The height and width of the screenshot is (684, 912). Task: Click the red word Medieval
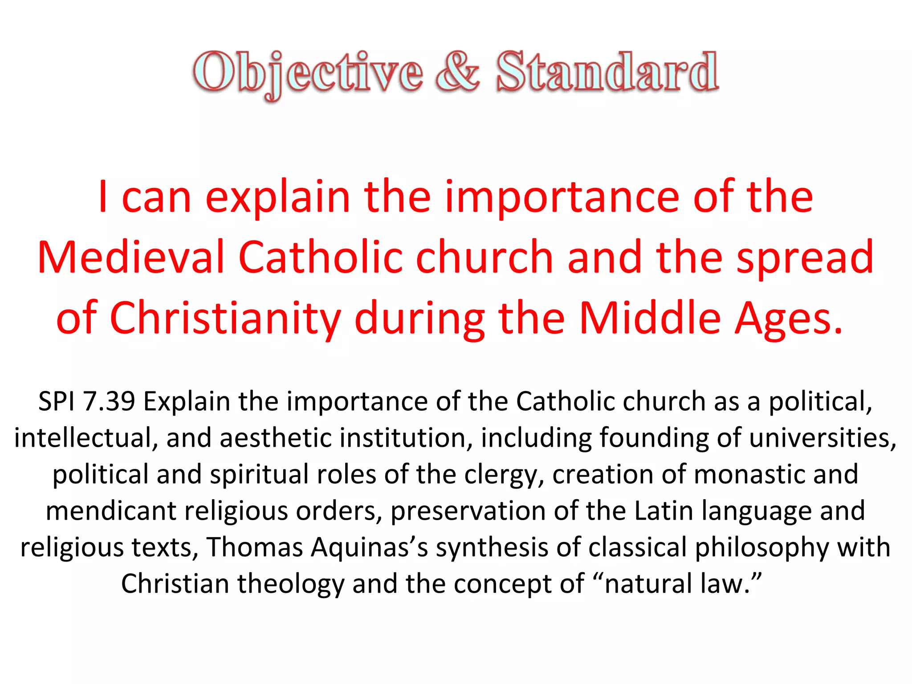pyautogui.click(x=131, y=257)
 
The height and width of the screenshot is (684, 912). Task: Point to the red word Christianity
pyautogui.click(x=225, y=318)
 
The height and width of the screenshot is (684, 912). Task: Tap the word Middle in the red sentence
pyautogui.click(x=650, y=318)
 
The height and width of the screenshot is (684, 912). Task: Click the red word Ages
pyautogui.click(x=788, y=318)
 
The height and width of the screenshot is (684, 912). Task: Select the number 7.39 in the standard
pyautogui.click(x=109, y=401)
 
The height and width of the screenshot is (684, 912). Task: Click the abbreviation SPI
pyautogui.click(x=57, y=401)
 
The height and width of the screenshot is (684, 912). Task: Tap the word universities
pyautogui.click(x=822, y=438)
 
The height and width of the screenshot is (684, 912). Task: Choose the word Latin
pyautogui.click(x=664, y=511)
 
